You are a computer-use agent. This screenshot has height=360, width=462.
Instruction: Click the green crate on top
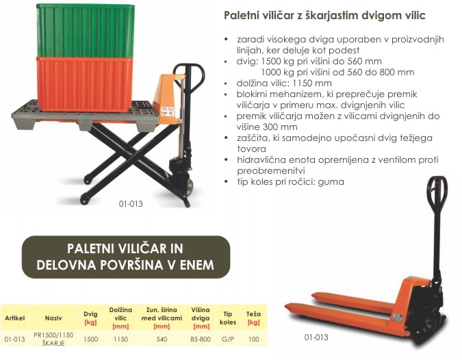tap(85, 30)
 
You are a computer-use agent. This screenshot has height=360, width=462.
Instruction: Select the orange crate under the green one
tap(85, 84)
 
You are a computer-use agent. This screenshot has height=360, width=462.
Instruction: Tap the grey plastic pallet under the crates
tap(85, 116)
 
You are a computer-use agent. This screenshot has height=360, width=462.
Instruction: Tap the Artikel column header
tap(15, 318)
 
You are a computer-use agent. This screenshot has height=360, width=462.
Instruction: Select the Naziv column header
tap(53, 318)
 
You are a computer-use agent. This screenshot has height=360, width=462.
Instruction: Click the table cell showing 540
tap(162, 339)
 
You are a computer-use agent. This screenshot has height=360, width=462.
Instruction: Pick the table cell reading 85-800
tap(201, 339)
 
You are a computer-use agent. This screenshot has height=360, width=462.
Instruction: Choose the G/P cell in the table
tap(228, 339)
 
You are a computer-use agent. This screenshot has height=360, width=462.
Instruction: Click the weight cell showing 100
tap(253, 339)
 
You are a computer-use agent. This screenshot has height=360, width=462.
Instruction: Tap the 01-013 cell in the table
tap(15, 339)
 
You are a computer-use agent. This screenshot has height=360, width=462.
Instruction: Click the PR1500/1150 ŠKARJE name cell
tap(53, 339)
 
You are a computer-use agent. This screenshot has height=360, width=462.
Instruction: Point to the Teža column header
tap(253, 318)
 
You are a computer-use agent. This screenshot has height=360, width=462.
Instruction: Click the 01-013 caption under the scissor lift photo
tap(131, 204)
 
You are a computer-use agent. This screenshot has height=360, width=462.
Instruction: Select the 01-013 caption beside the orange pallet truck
tap(316, 337)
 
